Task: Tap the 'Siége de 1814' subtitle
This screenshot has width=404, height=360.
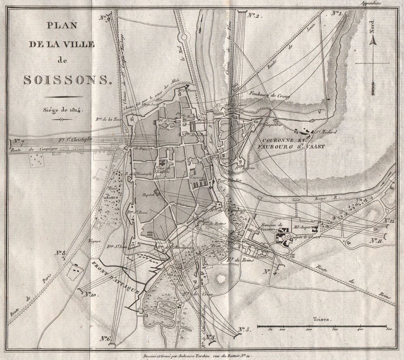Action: click(x=59, y=109)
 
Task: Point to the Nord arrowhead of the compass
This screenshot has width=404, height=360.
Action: click(x=373, y=40)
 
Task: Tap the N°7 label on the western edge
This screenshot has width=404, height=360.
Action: click(x=19, y=141)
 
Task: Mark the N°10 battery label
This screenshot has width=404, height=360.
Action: click(x=91, y=295)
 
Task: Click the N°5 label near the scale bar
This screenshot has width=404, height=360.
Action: click(x=244, y=329)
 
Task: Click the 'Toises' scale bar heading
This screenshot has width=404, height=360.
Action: click(x=322, y=319)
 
